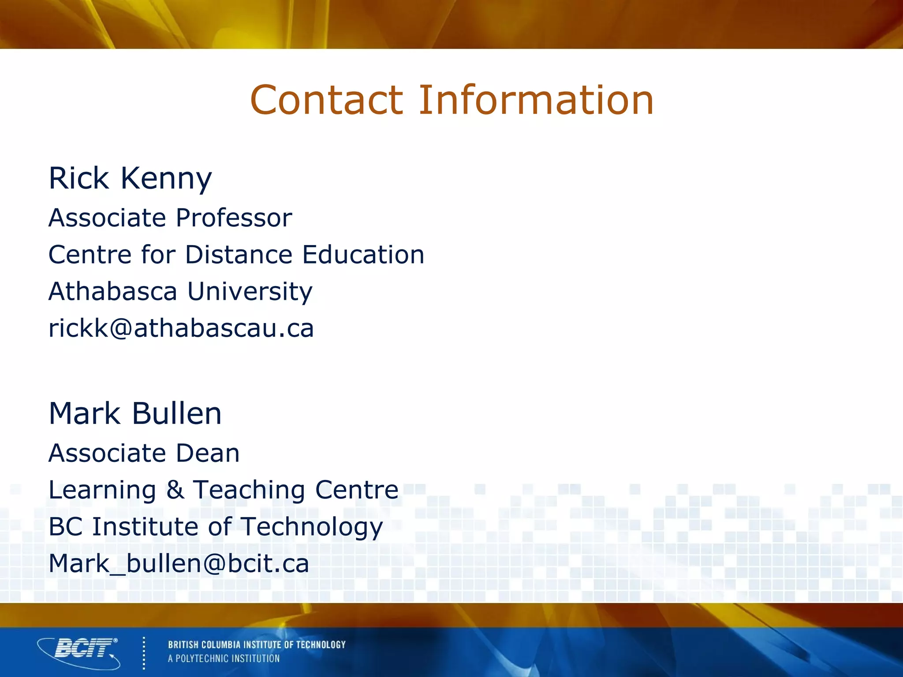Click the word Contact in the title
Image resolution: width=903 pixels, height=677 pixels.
coord(326,100)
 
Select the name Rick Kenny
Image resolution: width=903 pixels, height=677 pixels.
coord(130,179)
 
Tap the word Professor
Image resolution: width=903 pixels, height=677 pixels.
coord(234,218)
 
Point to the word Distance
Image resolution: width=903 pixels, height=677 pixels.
coord(239,255)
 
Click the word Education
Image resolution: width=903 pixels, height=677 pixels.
coord(363,255)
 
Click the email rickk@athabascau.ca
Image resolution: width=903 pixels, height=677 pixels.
coord(181,328)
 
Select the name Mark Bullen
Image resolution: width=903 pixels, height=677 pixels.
coord(135,414)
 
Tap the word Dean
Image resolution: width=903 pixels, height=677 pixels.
coord(208,453)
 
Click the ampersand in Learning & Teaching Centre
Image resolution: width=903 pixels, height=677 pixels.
coord(175,490)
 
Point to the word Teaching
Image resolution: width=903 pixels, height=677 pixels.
coord(249,490)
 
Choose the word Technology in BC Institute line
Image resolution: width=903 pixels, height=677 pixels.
coord(312,527)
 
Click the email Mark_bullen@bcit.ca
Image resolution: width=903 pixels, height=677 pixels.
coord(179,564)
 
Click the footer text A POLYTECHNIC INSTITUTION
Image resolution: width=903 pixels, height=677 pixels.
coord(224,658)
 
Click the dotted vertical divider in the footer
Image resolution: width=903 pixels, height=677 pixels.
coord(144,653)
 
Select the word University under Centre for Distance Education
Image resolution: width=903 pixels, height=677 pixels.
coord(250,291)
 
